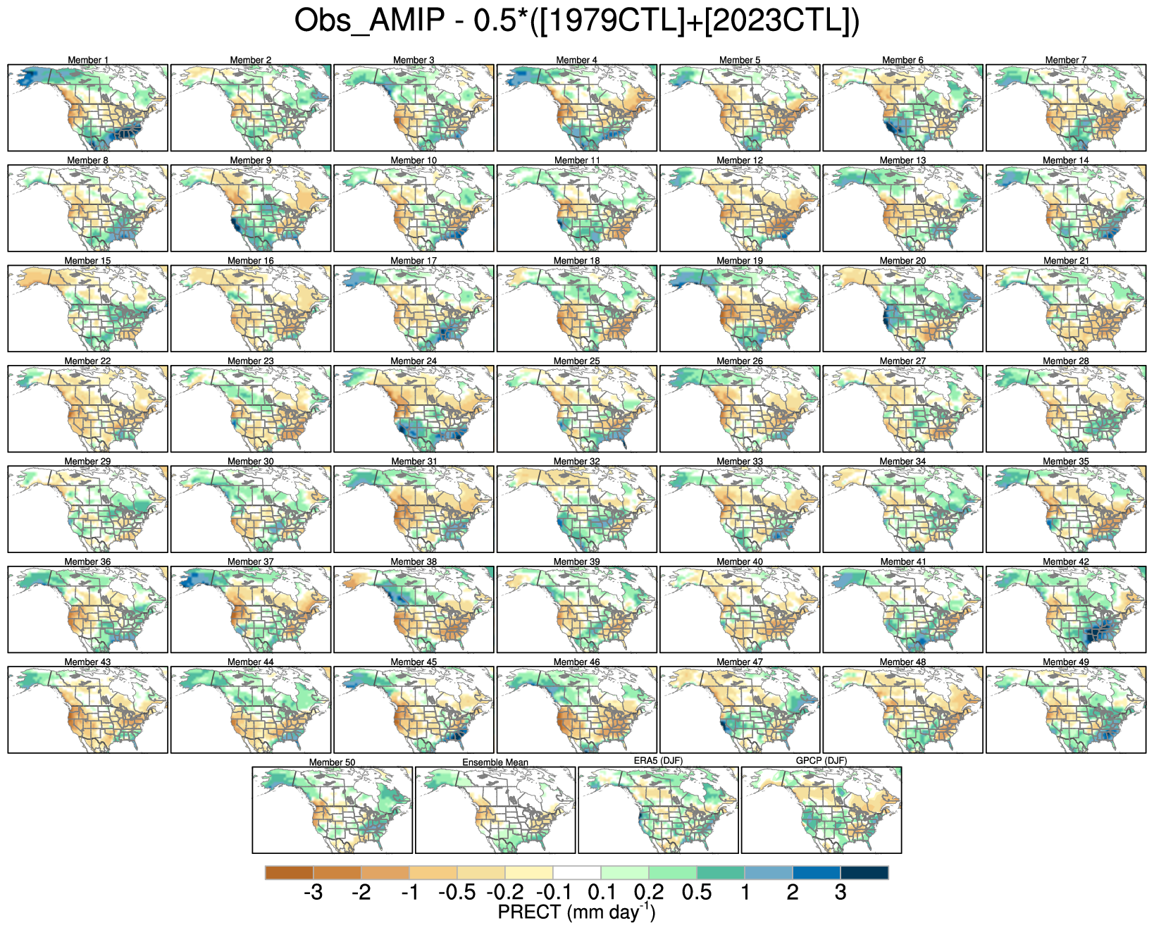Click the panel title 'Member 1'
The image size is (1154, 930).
pyautogui.click(x=88, y=60)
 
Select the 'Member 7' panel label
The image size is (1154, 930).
pyautogui.click(x=1065, y=60)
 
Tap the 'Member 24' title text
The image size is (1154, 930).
pyautogui.click(x=414, y=361)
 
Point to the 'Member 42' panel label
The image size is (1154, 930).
pyautogui.click(x=1065, y=562)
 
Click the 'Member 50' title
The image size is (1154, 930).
pyautogui.click(x=332, y=762)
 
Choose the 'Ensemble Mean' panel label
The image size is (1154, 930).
pyautogui.click(x=495, y=762)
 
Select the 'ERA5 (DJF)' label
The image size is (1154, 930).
pyautogui.click(x=658, y=761)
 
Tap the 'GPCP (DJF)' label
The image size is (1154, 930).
pyautogui.click(x=821, y=761)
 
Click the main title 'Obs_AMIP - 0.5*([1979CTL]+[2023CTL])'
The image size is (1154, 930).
pyautogui.click(x=576, y=21)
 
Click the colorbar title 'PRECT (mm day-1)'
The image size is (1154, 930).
pyautogui.click(x=576, y=912)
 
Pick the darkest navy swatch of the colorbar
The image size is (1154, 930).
pyautogui.click(x=864, y=873)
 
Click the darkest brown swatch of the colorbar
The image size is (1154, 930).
pyautogui.click(x=289, y=873)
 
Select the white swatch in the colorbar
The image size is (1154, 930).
pyautogui.click(x=576, y=873)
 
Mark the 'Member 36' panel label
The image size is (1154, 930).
pyautogui.click(x=88, y=562)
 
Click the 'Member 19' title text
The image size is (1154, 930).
pyautogui.click(x=740, y=261)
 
